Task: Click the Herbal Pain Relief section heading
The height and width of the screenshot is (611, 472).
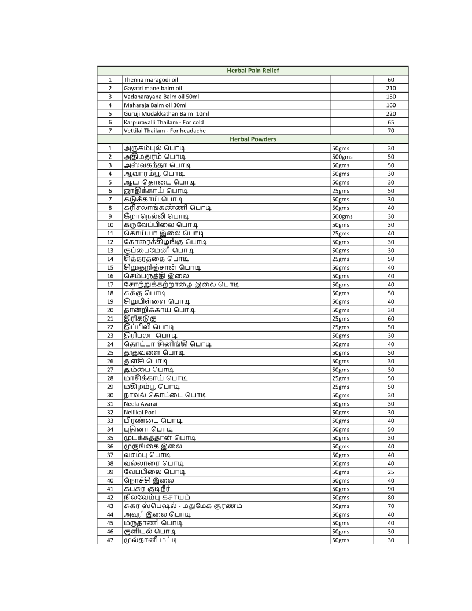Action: point(253,71)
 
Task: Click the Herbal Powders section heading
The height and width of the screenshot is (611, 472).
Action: point(253,139)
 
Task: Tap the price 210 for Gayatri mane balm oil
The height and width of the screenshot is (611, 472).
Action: point(390,88)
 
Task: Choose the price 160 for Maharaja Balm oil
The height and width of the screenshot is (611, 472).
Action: point(390,105)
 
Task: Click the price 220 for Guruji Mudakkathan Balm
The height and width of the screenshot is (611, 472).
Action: point(390,114)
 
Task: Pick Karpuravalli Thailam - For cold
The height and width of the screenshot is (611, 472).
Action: point(163,123)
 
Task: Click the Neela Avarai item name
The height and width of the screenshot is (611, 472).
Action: point(137,404)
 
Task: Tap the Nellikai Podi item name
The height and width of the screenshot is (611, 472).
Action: point(136,413)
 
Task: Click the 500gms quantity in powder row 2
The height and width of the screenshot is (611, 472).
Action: point(342,157)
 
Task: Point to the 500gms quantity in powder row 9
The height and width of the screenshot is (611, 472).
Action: point(342,216)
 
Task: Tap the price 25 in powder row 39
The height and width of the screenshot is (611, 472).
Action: point(390,472)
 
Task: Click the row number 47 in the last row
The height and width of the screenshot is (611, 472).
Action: point(110,540)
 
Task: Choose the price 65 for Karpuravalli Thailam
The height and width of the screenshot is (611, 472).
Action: point(390,123)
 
